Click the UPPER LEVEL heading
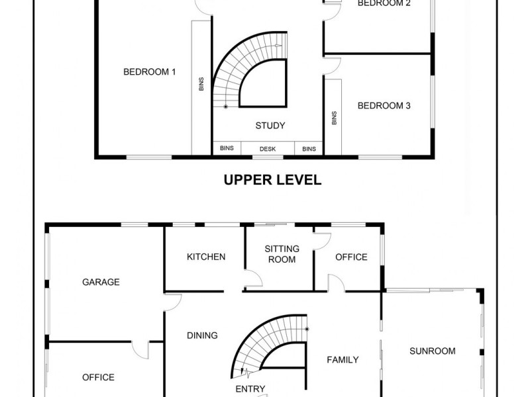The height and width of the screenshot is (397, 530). (272, 179)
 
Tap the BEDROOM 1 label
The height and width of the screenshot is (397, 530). (149, 72)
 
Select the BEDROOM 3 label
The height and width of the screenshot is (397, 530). (384, 105)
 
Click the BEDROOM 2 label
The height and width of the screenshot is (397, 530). (384, 3)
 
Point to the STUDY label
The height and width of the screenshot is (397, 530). (270, 125)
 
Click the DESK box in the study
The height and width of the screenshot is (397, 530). (267, 149)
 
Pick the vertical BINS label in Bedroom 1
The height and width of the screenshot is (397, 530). (201, 84)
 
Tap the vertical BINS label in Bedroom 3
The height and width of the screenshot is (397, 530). (334, 117)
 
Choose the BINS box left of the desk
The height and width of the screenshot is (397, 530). (226, 149)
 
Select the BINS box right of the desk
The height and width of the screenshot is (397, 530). (309, 149)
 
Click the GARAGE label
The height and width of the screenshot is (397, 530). (101, 282)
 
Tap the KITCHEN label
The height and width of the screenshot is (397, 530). (206, 257)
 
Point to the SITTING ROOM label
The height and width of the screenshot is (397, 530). (282, 254)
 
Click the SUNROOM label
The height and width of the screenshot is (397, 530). (432, 351)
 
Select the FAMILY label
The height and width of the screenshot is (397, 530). (343, 360)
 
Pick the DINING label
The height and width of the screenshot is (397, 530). (202, 335)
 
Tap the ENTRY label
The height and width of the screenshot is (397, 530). (250, 389)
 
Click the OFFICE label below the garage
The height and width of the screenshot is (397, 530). (98, 377)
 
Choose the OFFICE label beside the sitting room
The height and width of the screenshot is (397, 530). (350, 257)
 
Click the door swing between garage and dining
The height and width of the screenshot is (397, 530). (172, 301)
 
